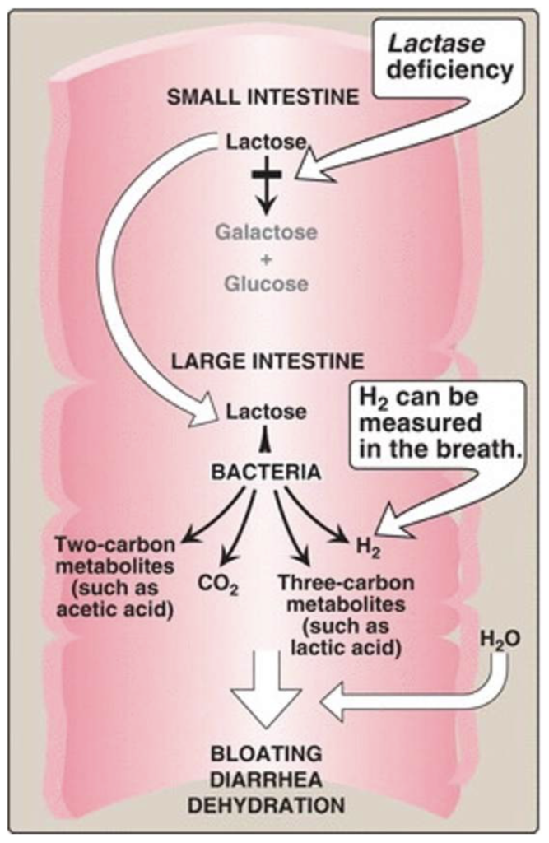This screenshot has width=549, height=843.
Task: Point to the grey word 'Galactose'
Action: (266, 232)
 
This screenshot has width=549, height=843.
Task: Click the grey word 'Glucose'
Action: (266, 284)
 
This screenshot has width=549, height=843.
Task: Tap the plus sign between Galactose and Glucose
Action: (266, 258)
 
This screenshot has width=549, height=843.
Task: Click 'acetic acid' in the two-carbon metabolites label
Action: (120, 610)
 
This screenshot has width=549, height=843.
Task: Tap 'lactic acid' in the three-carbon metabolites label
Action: (363, 648)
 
